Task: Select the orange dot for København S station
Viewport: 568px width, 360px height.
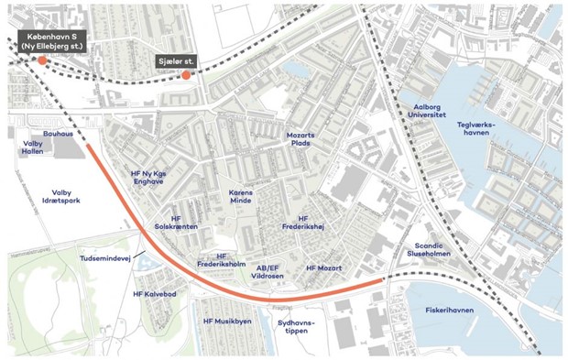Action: tap(42, 60)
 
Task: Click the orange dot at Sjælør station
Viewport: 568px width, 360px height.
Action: tap(186, 75)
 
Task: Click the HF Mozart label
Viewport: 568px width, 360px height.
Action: tap(323, 267)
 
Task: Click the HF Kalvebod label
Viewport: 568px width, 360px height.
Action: tap(154, 293)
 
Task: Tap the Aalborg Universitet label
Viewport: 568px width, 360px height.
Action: tap(423, 112)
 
